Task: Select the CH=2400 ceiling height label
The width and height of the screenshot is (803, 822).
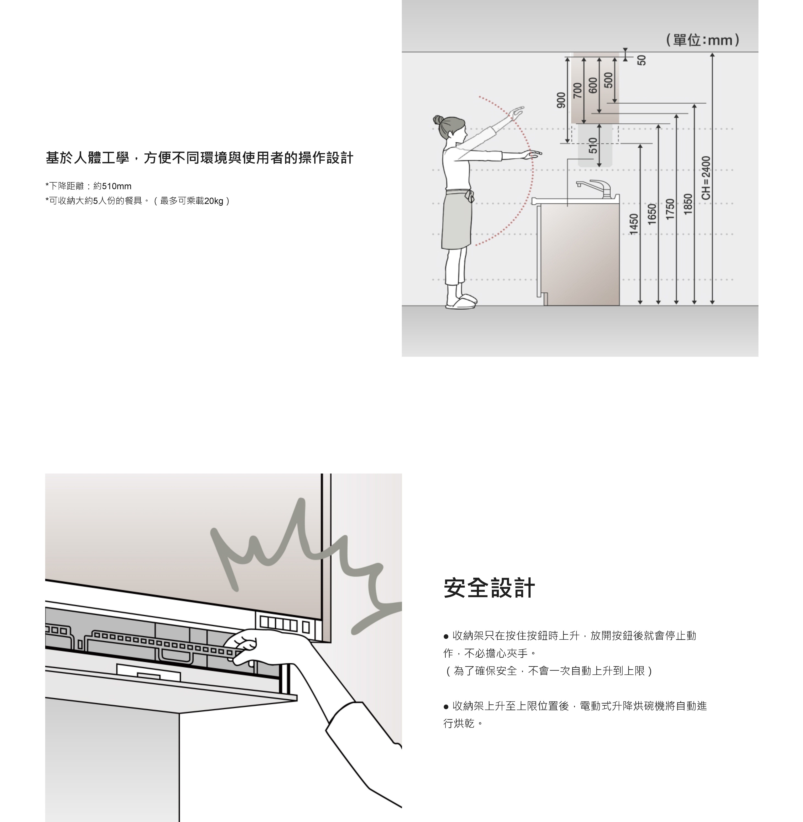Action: pos(706,178)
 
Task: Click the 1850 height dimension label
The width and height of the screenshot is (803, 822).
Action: pos(688,204)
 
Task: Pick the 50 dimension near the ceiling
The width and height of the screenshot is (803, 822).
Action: pos(642,60)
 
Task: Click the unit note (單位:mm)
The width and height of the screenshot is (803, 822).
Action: pos(702,40)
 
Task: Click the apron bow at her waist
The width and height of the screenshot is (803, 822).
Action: pos(469,196)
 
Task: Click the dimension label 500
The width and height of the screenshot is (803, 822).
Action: pos(608,80)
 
